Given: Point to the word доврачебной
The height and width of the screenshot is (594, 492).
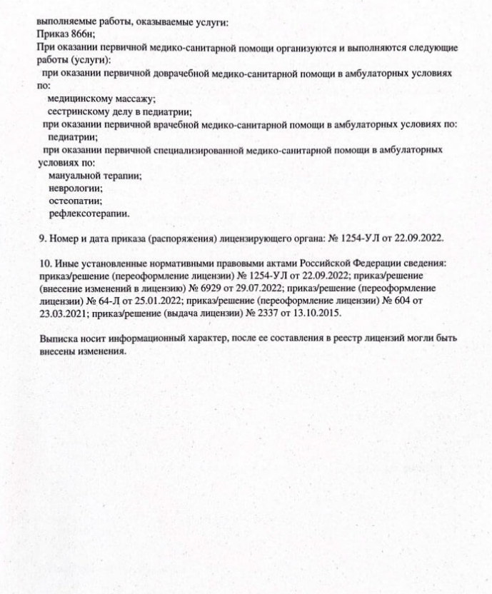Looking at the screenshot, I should (x=176, y=73).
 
